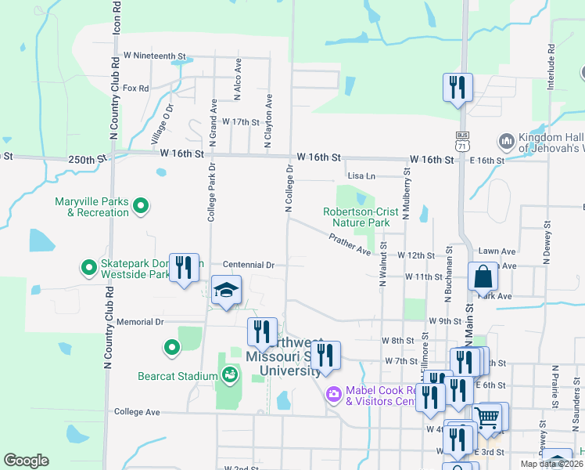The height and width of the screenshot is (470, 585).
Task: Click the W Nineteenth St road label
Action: (155, 57)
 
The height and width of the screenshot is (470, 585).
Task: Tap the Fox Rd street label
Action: (135, 89)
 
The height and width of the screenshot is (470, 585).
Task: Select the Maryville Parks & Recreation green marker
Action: (141, 207)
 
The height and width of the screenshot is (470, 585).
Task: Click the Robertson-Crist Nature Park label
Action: (357, 217)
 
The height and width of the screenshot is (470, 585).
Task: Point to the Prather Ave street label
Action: (350, 245)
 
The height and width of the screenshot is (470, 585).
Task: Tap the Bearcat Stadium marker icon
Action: (229, 376)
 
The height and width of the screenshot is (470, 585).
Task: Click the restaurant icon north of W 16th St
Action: (455, 87)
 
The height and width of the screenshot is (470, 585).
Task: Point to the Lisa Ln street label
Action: (361, 176)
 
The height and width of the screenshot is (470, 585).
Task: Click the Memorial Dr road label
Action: (139, 322)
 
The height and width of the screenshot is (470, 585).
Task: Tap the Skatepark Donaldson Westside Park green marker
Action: (89, 269)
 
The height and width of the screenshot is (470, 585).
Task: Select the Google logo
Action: (26, 461)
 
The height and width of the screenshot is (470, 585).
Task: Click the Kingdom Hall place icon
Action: (505, 142)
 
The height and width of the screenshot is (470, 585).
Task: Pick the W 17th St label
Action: (240, 122)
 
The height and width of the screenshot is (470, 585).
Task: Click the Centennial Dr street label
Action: (248, 265)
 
